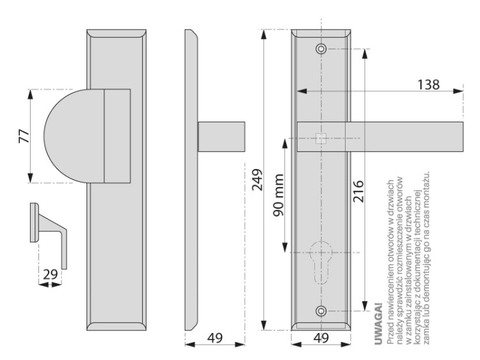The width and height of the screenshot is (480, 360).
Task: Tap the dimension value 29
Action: pyautogui.click(x=51, y=274)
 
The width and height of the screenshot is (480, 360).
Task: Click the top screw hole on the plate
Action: pyautogui.click(x=321, y=49)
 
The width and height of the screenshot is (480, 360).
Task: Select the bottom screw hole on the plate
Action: pyautogui.click(x=321, y=311)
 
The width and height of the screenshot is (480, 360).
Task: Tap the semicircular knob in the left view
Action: pyautogui.click(x=72, y=136)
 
